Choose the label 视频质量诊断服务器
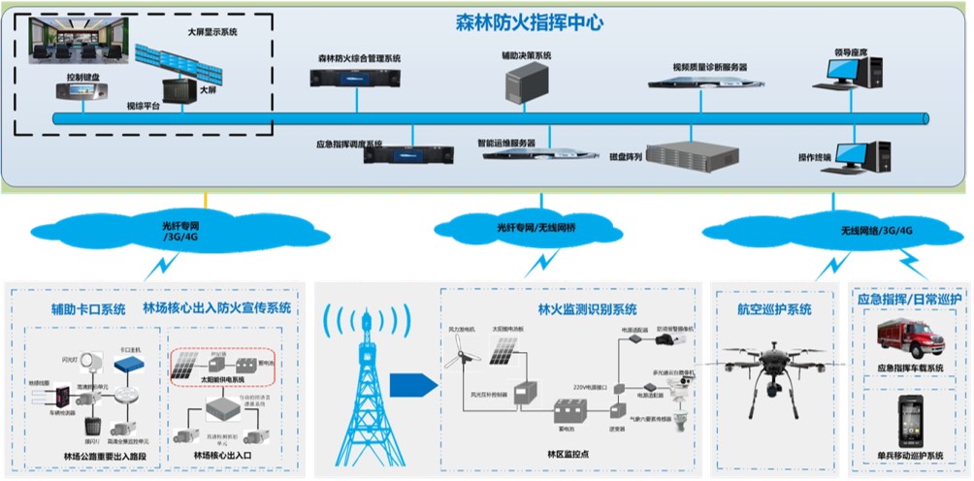(709, 67)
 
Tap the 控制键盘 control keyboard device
(82, 90)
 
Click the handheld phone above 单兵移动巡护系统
(910, 419)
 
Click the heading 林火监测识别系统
(587, 309)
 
